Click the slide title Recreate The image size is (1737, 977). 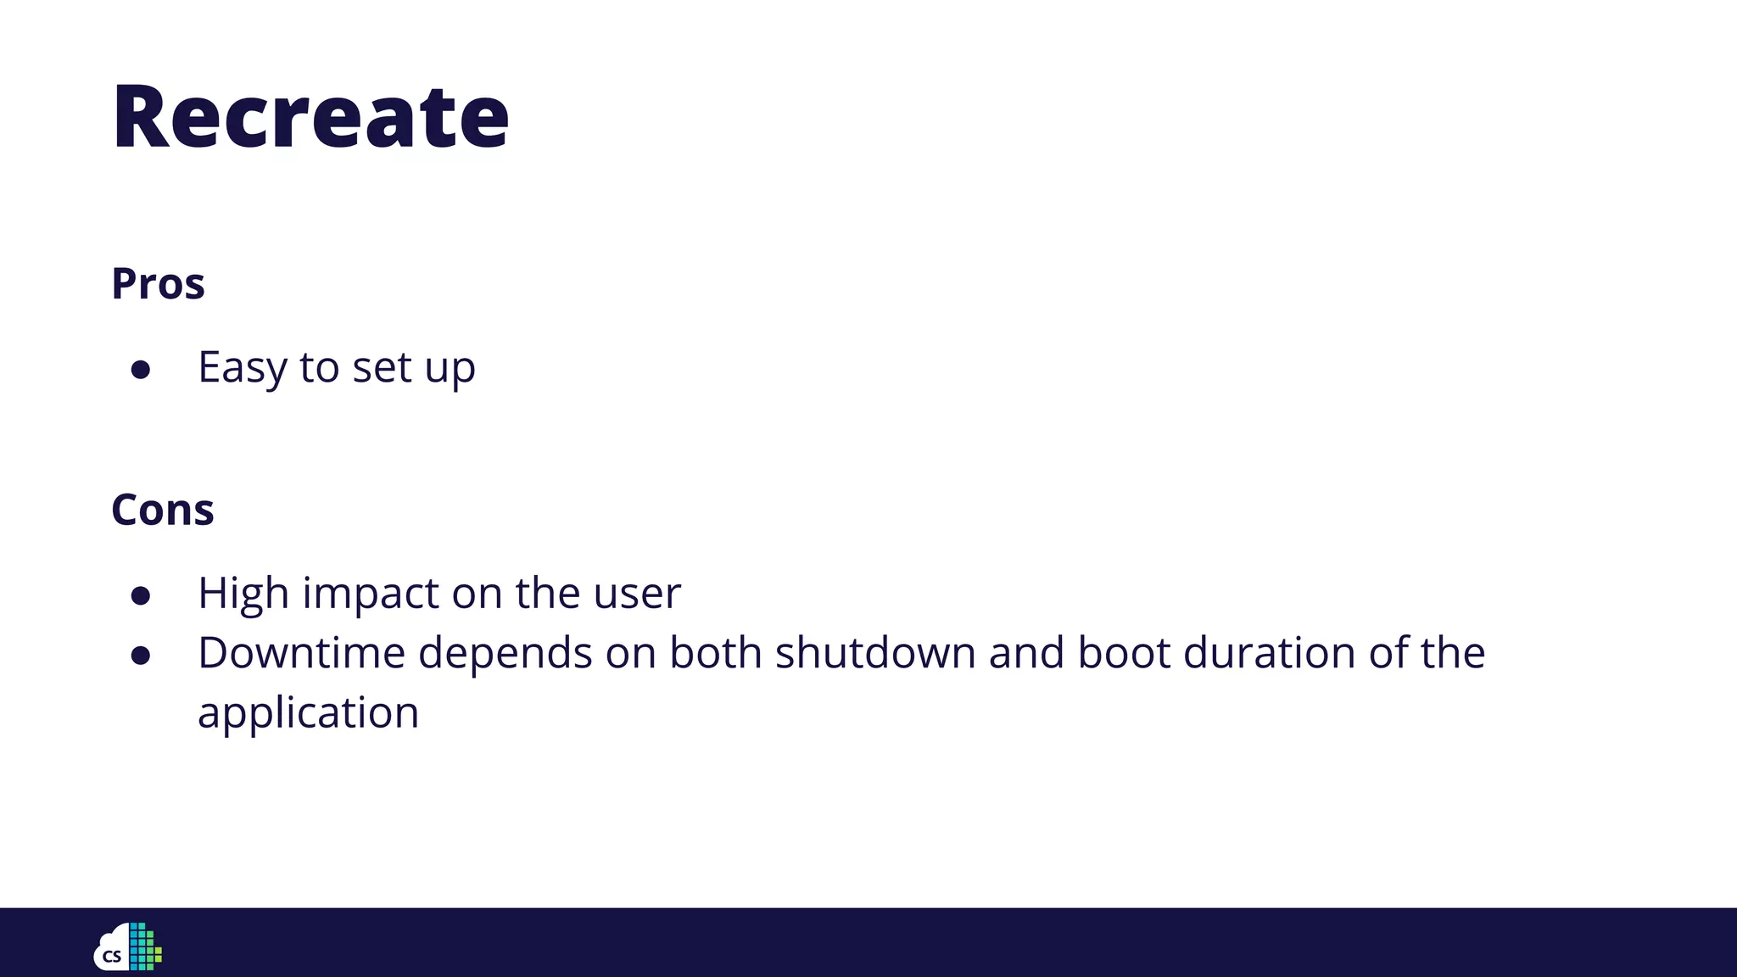click(x=310, y=117)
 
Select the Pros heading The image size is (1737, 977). click(x=158, y=283)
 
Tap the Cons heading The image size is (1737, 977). click(x=162, y=510)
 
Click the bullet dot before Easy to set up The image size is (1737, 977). click(x=141, y=370)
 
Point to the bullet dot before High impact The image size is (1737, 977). click(x=141, y=595)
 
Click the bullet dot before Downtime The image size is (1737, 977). click(x=141, y=656)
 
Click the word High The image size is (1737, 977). click(x=243, y=594)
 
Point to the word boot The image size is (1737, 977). click(x=1123, y=653)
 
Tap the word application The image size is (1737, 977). click(x=308, y=713)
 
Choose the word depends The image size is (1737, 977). click(x=505, y=653)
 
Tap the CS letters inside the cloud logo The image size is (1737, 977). click(x=112, y=957)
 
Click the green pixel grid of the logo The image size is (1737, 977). click(x=145, y=947)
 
